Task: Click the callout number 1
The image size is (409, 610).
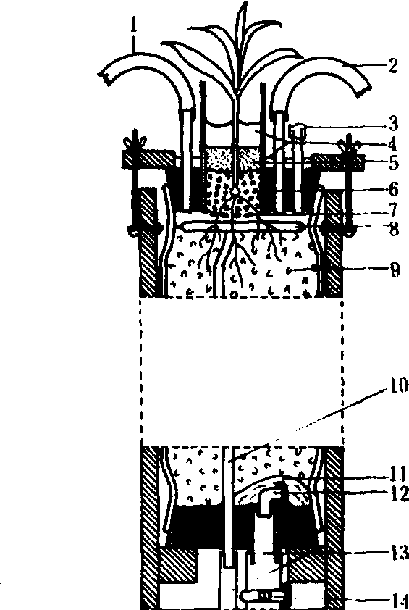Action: [134, 25]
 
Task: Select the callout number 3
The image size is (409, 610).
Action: [394, 124]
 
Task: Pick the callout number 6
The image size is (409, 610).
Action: [394, 190]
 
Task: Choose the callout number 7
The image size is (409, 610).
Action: [394, 211]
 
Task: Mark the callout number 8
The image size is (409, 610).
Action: [394, 230]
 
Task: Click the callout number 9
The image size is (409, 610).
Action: [395, 270]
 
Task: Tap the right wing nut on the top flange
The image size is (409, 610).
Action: [349, 145]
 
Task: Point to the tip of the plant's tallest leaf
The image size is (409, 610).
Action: [245, 2]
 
